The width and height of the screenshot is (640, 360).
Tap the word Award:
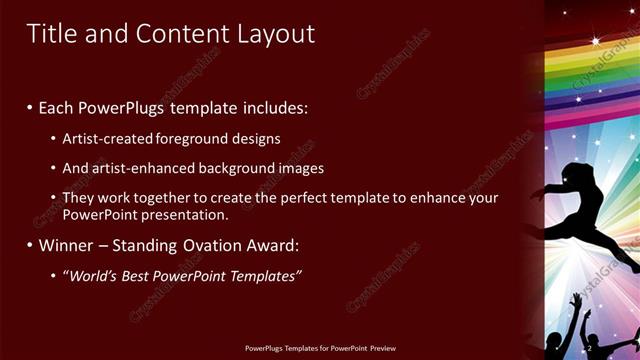[x=275, y=245]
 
